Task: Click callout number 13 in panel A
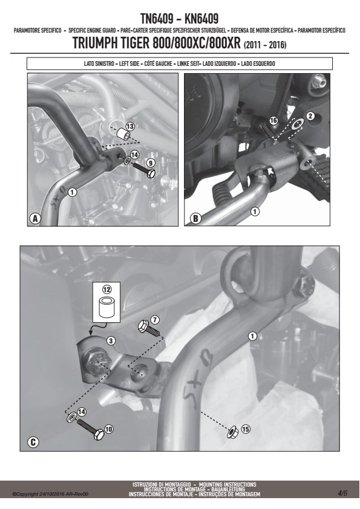130,126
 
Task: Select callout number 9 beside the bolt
150,163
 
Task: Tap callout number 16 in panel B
273,121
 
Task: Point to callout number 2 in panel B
310,116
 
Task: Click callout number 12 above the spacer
106,289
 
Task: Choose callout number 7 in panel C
155,320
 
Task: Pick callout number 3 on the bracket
111,341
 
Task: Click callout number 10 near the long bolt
108,429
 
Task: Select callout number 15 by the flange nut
246,429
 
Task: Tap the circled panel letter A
34,218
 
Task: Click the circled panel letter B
195,218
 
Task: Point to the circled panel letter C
33,442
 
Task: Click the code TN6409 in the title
157,19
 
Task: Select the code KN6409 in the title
201,19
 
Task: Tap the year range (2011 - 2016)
265,45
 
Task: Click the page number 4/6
342,493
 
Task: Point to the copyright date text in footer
50,494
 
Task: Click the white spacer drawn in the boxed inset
106,306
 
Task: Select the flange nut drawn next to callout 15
233,432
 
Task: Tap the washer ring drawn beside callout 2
297,124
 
